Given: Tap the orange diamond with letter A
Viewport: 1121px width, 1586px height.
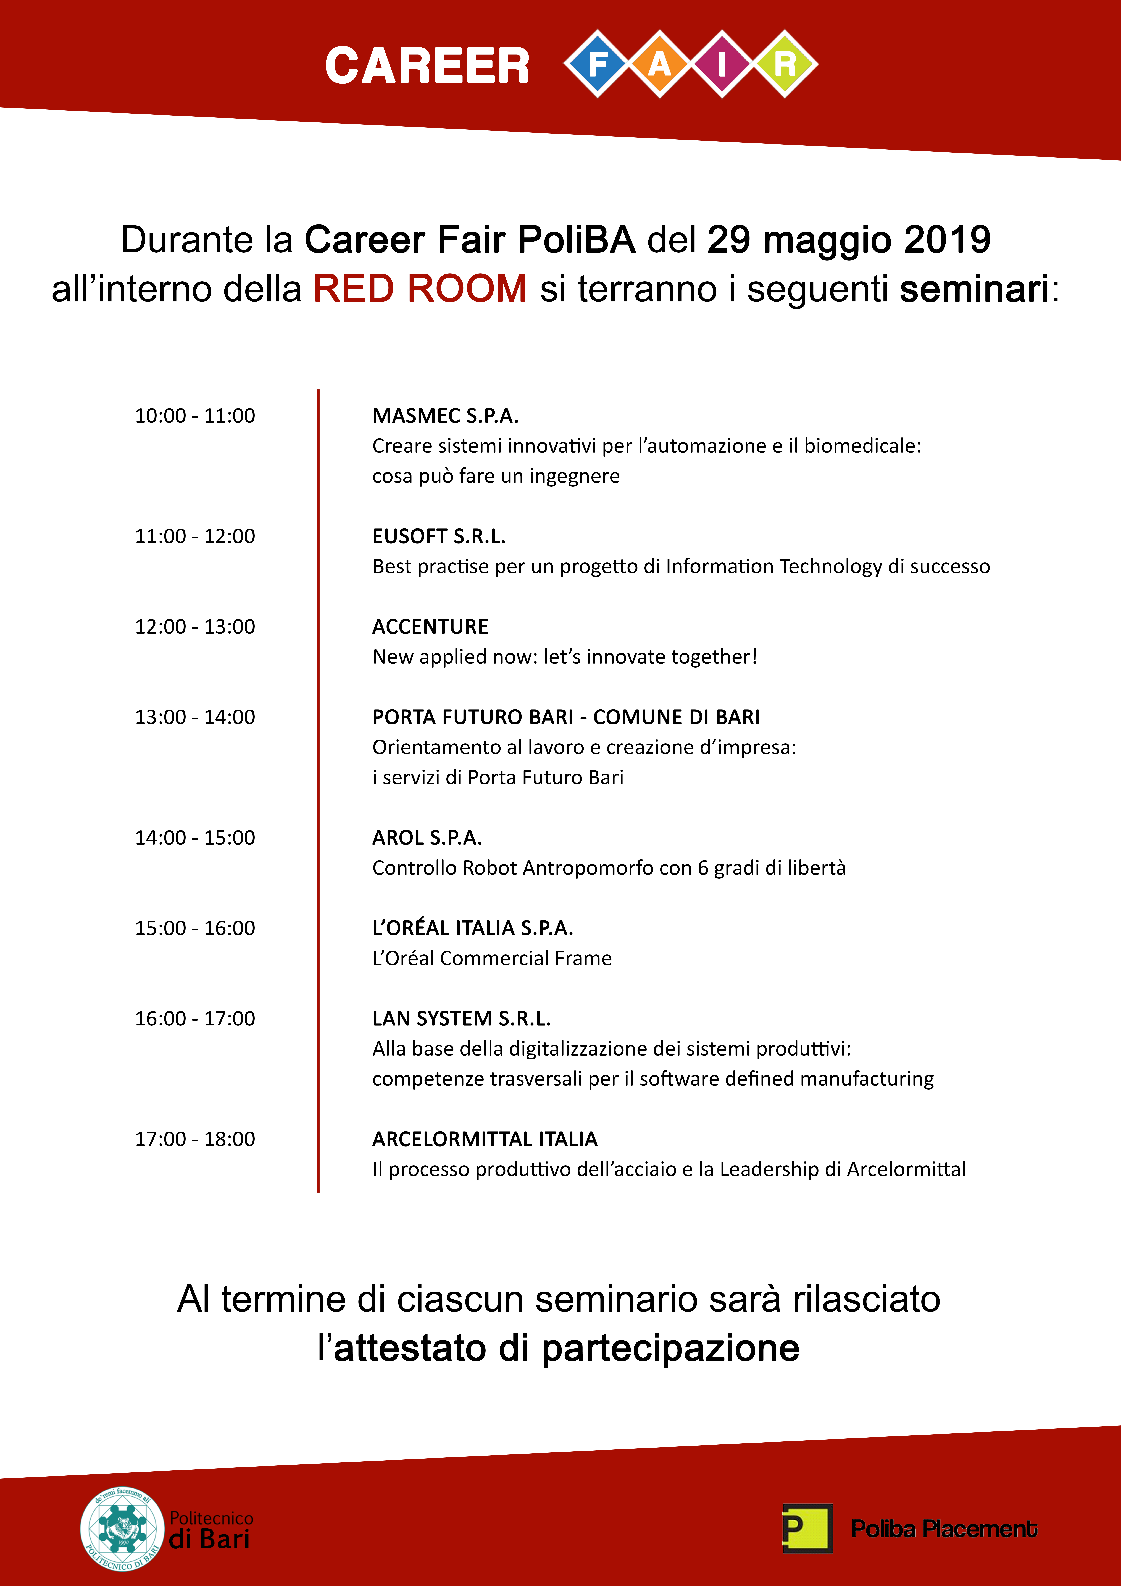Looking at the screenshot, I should (x=660, y=64).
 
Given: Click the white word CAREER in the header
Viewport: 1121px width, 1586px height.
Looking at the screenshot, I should (x=427, y=67).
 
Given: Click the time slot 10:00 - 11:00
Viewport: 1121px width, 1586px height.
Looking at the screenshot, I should (x=195, y=416).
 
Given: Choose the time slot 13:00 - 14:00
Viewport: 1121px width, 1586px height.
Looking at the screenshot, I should (x=195, y=717).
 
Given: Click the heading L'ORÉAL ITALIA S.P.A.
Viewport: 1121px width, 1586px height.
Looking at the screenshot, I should (x=472, y=928).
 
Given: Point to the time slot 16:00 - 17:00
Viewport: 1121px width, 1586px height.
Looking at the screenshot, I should (x=195, y=1018).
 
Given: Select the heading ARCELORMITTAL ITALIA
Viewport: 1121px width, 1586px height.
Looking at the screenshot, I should (x=485, y=1139).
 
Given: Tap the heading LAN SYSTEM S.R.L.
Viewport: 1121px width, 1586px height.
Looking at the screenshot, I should (x=461, y=1018).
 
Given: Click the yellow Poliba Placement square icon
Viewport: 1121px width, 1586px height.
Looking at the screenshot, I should (x=807, y=1528).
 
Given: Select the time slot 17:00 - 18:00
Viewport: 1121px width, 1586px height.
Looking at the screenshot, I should (x=195, y=1139).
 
